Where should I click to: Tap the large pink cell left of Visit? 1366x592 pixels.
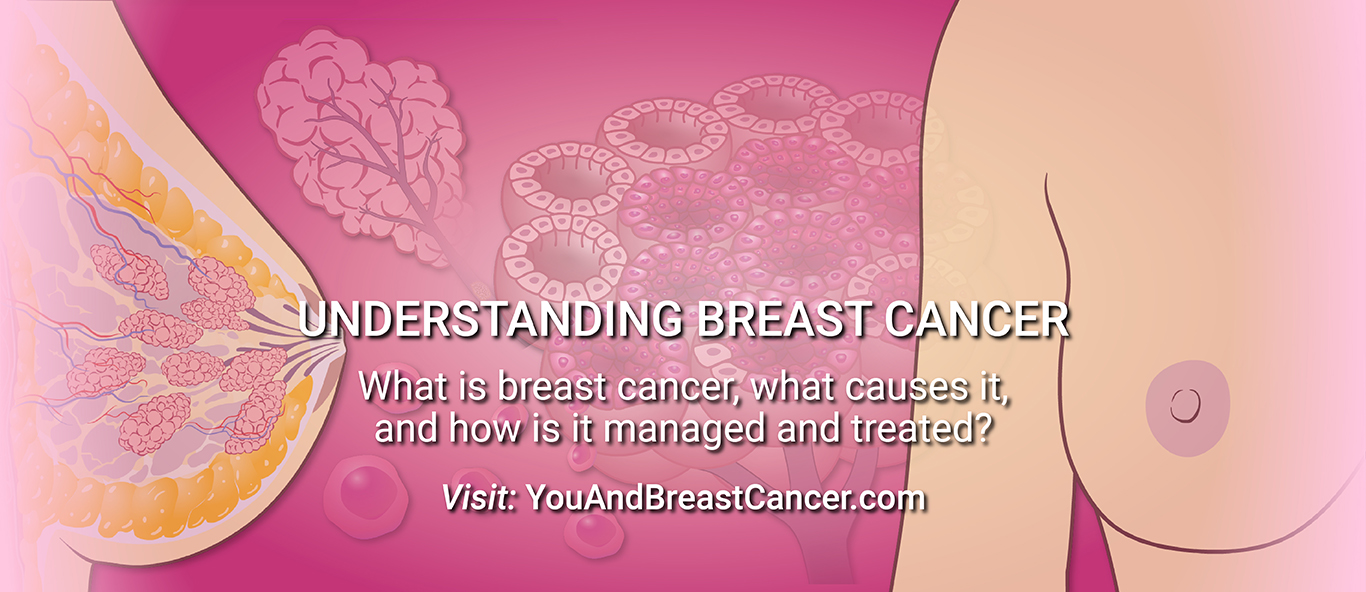tap(365, 494)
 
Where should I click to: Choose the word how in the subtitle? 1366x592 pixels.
tap(485, 428)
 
